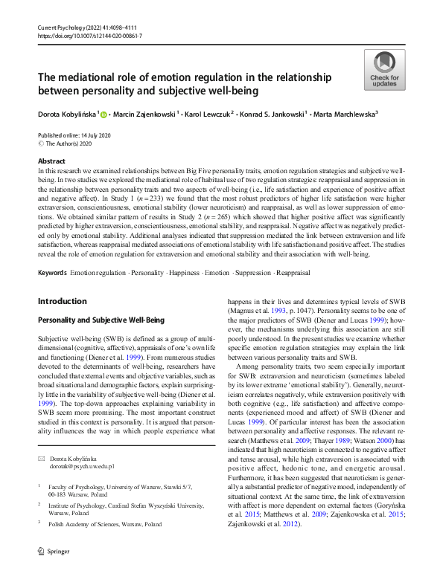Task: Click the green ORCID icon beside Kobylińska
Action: click(104, 114)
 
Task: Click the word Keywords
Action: click(52, 253)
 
